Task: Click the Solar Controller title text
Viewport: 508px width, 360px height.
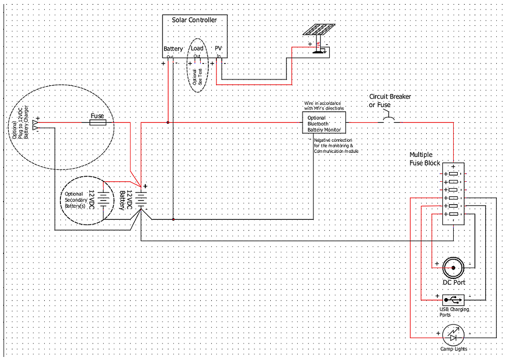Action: [195, 20]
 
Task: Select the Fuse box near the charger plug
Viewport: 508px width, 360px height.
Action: [97, 122]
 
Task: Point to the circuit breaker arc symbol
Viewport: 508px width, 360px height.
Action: [390, 120]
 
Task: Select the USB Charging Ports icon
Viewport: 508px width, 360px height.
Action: [453, 299]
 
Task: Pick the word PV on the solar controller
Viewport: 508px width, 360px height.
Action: [219, 49]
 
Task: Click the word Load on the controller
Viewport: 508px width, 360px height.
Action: [197, 49]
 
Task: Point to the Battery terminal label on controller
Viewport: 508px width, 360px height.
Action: [173, 49]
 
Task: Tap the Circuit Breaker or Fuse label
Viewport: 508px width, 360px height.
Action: [390, 101]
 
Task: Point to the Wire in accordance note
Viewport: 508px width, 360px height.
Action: [324, 106]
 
